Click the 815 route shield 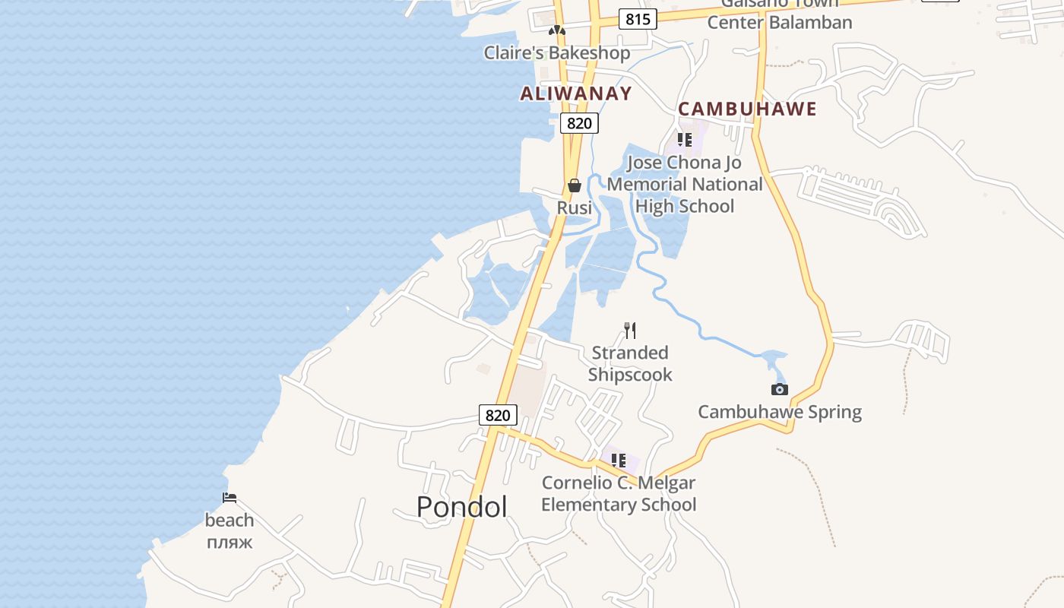coord(637,19)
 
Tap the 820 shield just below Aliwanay coord(579,123)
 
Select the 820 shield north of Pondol coord(498,415)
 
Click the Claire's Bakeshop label coord(557,52)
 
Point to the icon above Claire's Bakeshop coord(557,31)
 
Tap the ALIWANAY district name coord(576,93)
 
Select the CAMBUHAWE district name coord(747,109)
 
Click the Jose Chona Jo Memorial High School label coord(684,184)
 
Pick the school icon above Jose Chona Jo coord(684,140)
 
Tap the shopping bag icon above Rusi coord(575,185)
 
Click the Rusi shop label coord(575,207)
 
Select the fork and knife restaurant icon coord(629,330)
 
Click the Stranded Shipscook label coord(630,363)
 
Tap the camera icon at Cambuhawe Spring coord(779,390)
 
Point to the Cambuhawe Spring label coord(780,412)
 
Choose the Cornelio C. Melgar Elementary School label coord(619,493)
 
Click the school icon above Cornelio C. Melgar coord(619,461)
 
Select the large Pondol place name coord(461,506)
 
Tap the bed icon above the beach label coord(230,498)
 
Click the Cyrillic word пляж coord(229,543)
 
